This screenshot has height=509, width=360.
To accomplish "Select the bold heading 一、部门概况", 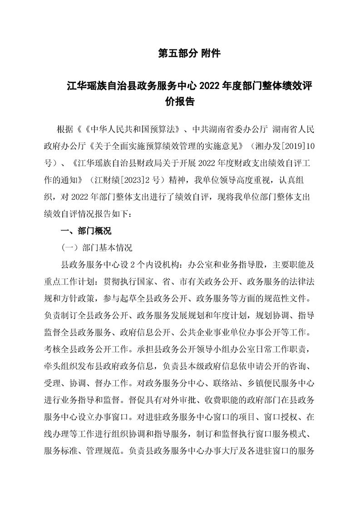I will [x=86, y=231].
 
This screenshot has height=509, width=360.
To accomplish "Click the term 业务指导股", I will [x=242, y=264].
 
